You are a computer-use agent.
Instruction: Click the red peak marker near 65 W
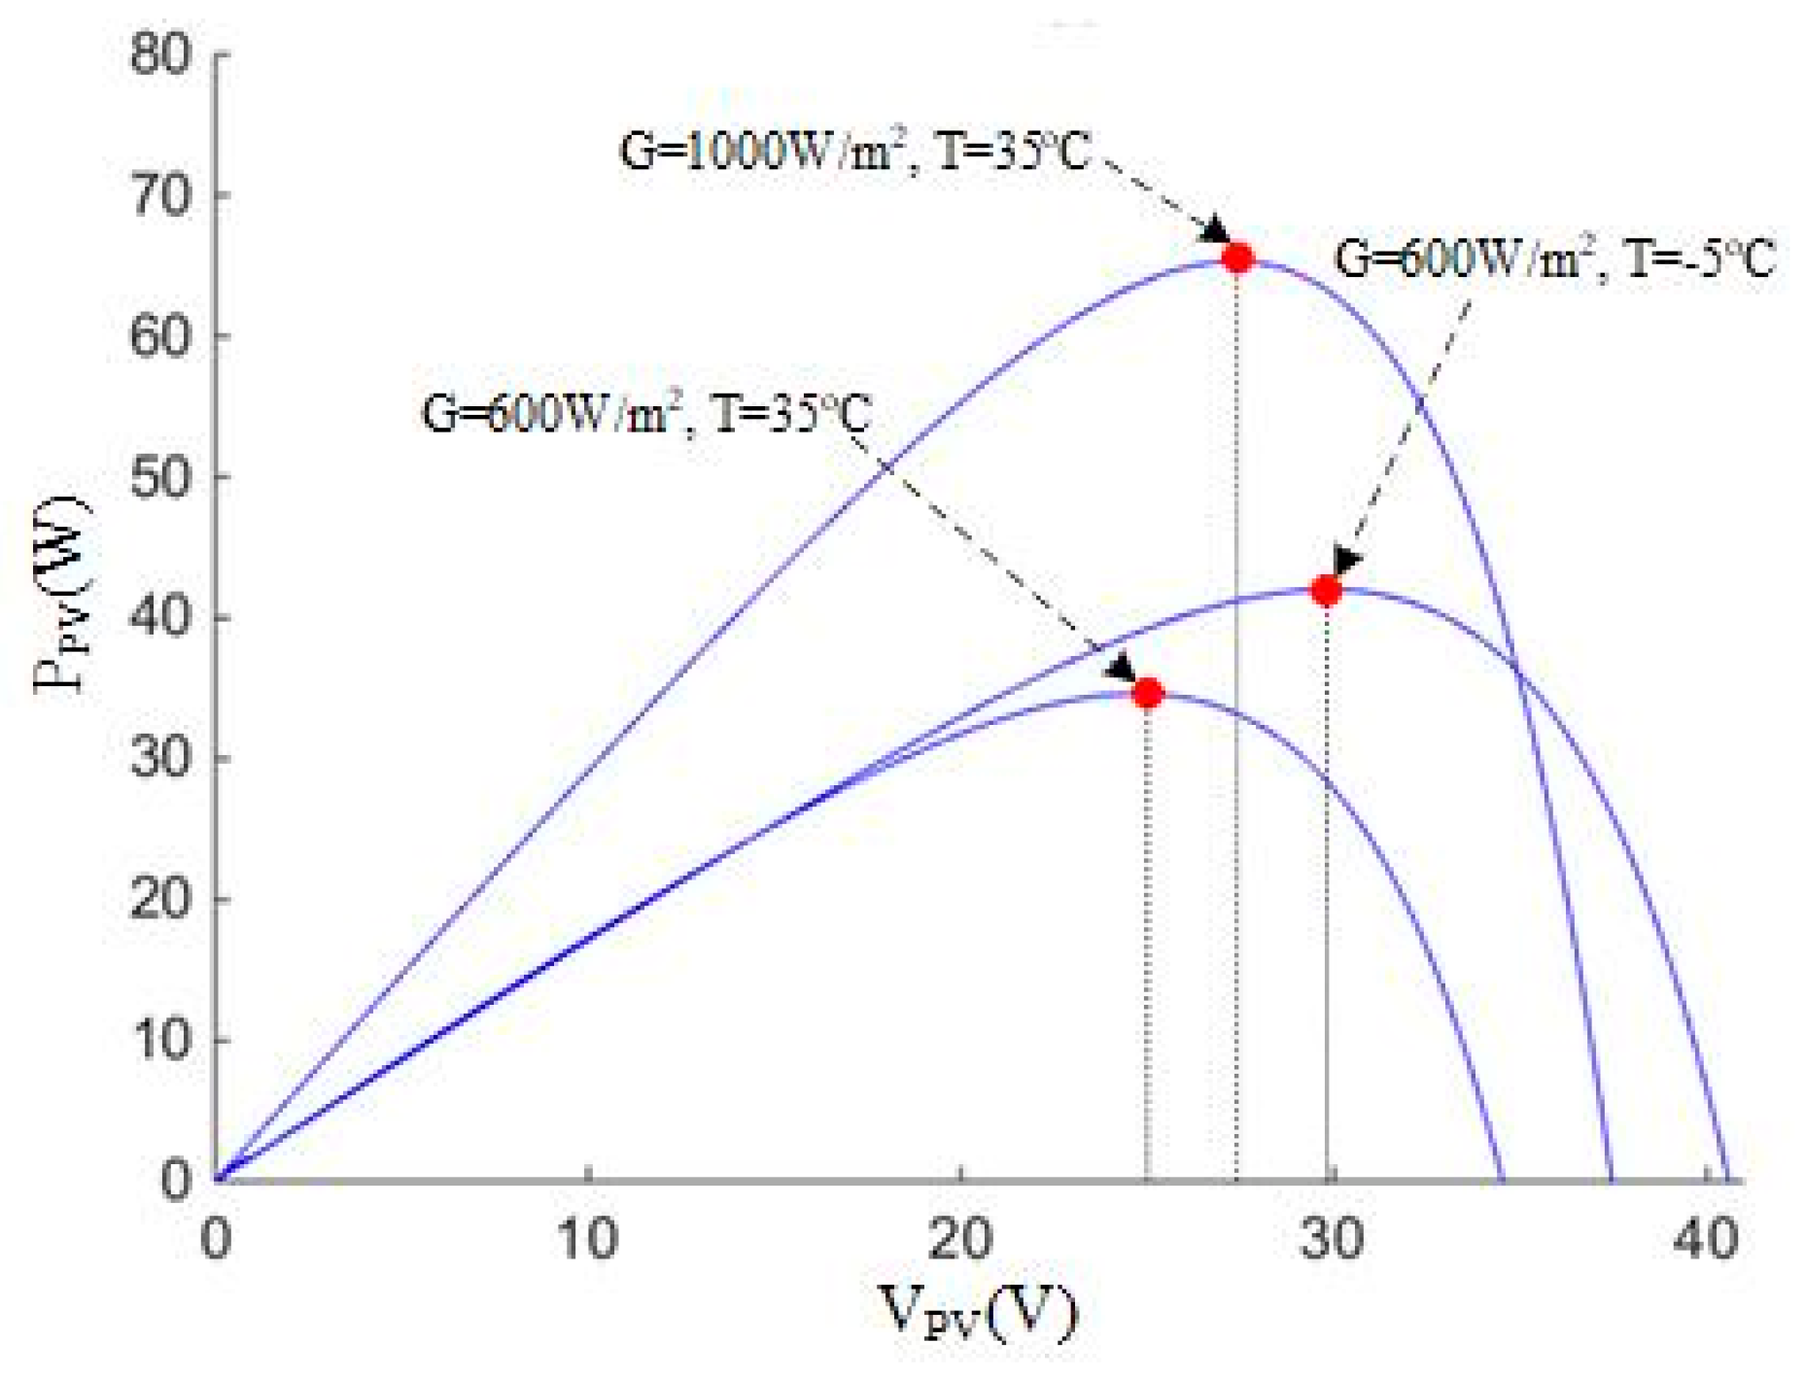(x=1237, y=258)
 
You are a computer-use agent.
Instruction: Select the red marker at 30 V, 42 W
(x=1326, y=590)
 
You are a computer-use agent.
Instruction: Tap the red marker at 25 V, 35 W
(x=1148, y=693)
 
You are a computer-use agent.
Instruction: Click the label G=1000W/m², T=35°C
(x=855, y=154)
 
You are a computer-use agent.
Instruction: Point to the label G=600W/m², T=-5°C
(x=1554, y=259)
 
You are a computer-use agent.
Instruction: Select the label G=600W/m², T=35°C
(x=646, y=414)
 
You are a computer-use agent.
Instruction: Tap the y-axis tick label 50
(x=160, y=477)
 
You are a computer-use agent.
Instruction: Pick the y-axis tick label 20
(x=160, y=900)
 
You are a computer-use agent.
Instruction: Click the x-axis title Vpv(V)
(x=978, y=1311)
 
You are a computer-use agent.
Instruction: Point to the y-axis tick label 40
(x=160, y=618)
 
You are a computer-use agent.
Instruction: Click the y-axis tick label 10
(x=160, y=1041)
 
